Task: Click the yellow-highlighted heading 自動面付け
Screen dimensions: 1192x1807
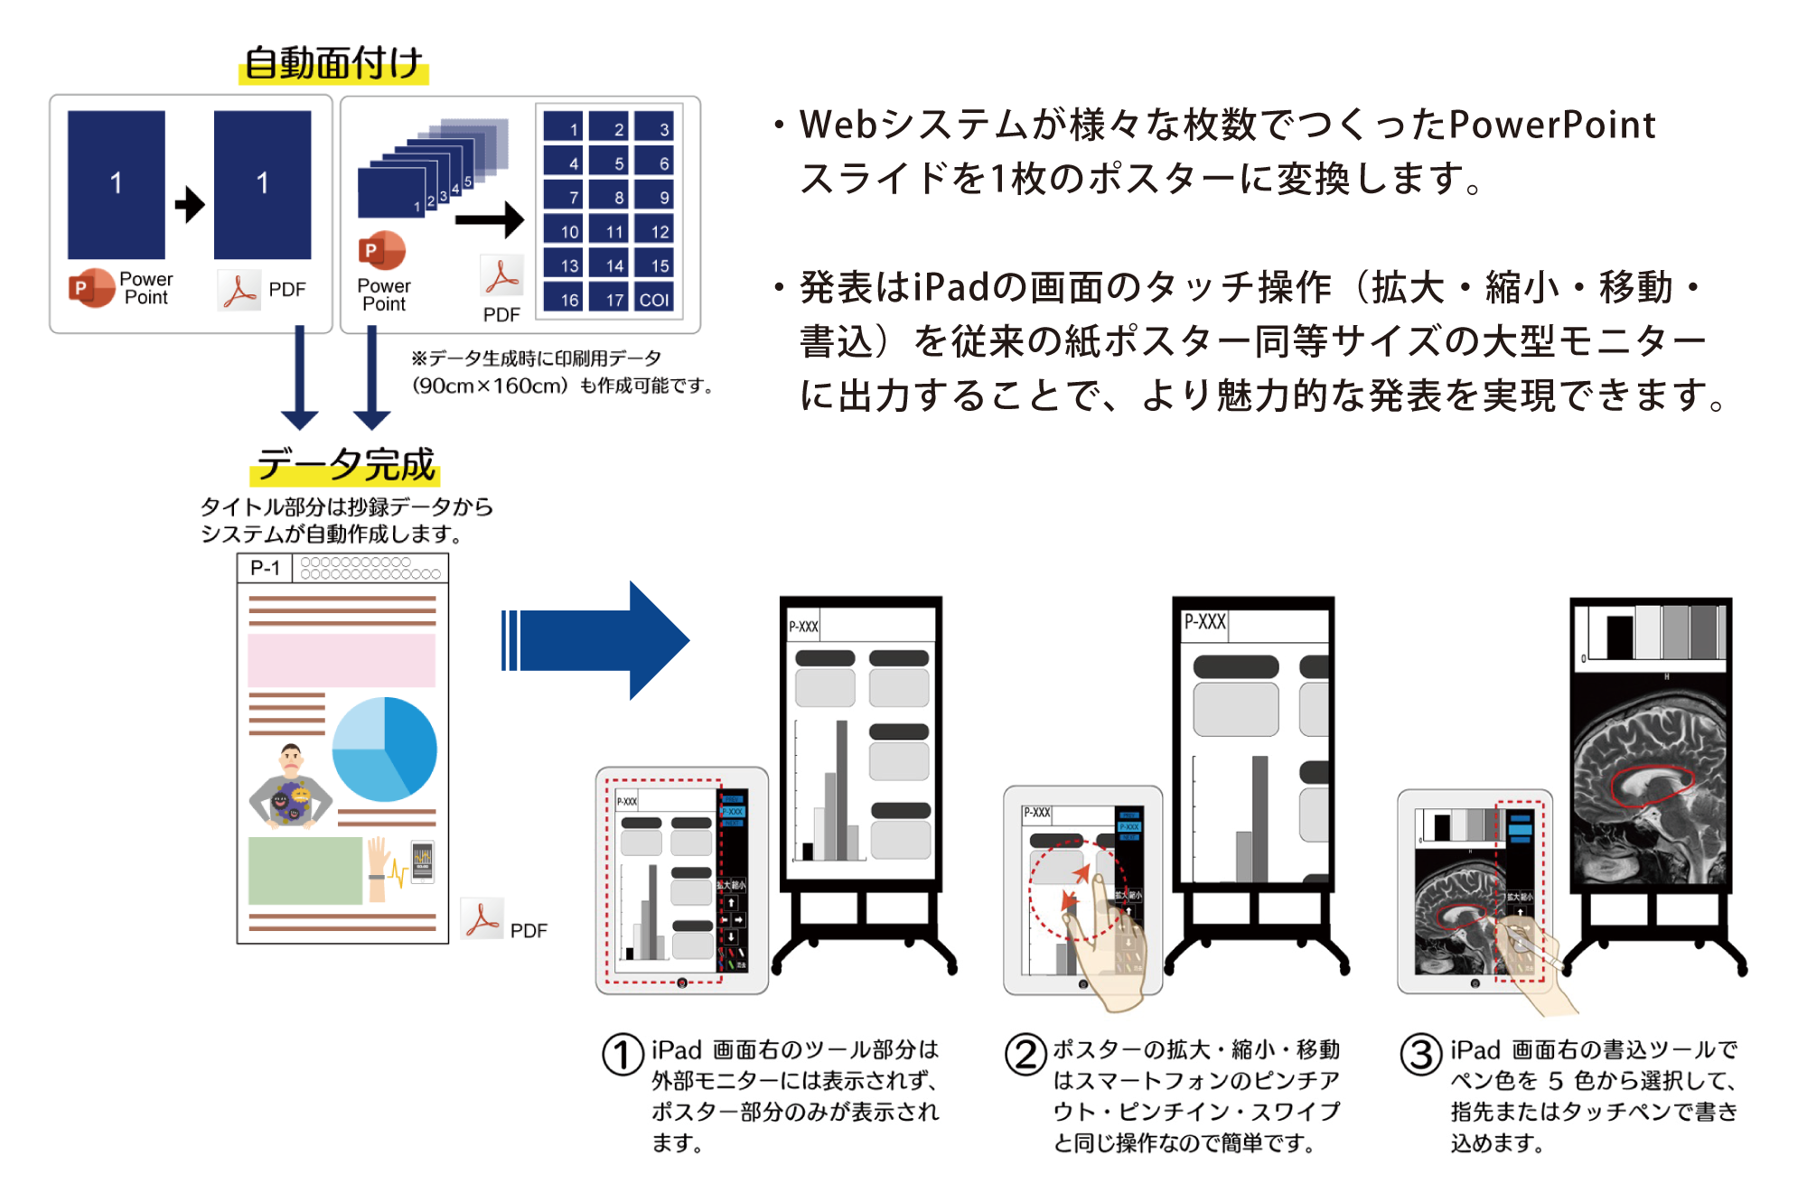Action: pos(333,63)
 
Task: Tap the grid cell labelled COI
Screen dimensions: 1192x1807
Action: pos(653,299)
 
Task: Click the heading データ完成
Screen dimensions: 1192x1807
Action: pos(345,465)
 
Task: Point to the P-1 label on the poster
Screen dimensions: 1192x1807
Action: pos(265,568)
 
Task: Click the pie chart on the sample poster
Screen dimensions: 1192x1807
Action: pos(385,749)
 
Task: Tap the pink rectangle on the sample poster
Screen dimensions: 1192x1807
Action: pos(342,660)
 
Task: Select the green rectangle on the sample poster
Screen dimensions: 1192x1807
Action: pos(305,871)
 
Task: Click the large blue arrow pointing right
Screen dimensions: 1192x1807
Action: pos(596,640)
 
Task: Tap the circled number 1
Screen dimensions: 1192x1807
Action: pos(623,1055)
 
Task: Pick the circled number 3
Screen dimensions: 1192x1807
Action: pos(1421,1055)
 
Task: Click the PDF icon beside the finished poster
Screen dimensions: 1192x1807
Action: pos(482,919)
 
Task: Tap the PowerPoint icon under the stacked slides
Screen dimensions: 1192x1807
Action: pos(383,251)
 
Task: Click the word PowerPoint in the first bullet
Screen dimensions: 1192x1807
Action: pos(1552,125)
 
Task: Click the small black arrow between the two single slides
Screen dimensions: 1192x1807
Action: pos(190,204)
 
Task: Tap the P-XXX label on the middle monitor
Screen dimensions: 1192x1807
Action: pos(1205,622)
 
